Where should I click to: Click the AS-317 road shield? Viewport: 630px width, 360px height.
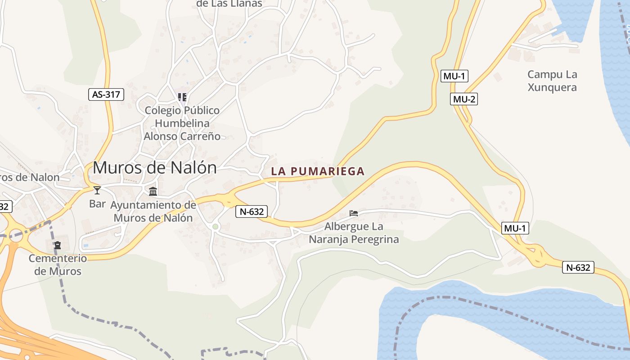[x=106, y=94]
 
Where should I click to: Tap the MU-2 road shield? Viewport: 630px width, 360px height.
[x=464, y=99]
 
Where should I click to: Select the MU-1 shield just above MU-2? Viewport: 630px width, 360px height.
[x=454, y=76]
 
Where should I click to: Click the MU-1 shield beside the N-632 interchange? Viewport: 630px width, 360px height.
[x=515, y=228]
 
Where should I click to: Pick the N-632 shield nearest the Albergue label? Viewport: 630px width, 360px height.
[x=252, y=211]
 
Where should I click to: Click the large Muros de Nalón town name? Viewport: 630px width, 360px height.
[x=154, y=168]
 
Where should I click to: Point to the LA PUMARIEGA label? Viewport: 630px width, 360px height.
[x=318, y=171]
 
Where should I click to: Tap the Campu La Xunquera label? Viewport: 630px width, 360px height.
[x=552, y=81]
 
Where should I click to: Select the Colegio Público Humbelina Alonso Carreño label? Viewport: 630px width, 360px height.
[x=182, y=123]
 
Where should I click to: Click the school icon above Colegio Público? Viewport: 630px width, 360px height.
[x=182, y=97]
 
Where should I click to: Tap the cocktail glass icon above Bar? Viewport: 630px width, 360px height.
[x=97, y=190]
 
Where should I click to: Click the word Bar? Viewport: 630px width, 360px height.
[x=97, y=204]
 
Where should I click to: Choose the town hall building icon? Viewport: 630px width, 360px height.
[x=153, y=191]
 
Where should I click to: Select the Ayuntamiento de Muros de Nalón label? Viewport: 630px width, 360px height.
[x=153, y=211]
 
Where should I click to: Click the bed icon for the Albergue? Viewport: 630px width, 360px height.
[x=354, y=213]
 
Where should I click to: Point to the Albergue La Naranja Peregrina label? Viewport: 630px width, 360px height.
[x=354, y=233]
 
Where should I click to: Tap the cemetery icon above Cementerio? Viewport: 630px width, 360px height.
[x=58, y=245]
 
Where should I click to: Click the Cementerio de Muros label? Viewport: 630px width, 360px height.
[x=58, y=265]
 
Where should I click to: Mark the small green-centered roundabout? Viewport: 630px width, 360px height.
[x=215, y=226]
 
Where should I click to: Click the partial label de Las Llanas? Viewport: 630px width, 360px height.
[x=229, y=4]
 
